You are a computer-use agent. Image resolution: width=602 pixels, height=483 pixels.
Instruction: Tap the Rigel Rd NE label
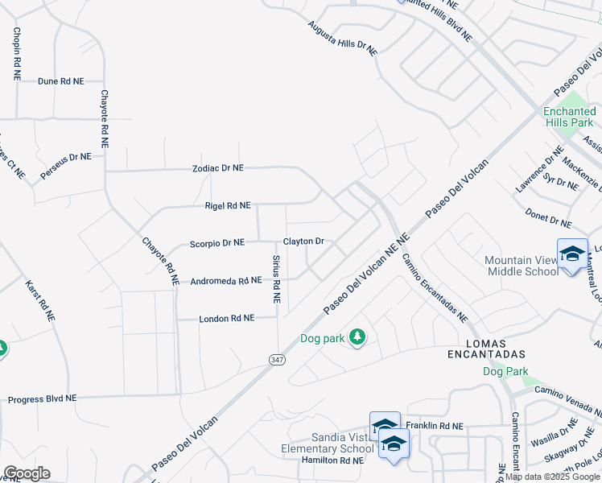(x=227, y=206)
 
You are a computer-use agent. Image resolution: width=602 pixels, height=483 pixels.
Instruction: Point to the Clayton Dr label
(x=303, y=242)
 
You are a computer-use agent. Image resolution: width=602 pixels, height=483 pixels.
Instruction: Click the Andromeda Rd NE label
(x=226, y=281)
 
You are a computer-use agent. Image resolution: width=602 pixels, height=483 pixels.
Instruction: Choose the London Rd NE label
(x=227, y=319)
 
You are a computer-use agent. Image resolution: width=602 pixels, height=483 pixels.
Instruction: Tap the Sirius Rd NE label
(x=276, y=279)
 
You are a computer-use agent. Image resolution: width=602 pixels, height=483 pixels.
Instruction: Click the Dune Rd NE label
(x=60, y=81)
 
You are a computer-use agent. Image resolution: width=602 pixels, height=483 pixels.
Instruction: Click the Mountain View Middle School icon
(x=572, y=254)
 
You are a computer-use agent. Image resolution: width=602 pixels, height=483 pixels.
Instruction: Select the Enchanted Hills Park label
(x=568, y=117)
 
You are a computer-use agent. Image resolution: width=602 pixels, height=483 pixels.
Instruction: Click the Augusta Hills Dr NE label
(x=342, y=38)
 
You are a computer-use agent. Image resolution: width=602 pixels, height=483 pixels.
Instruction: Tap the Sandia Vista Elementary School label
(x=327, y=442)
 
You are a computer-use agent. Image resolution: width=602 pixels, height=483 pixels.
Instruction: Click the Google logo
(x=27, y=473)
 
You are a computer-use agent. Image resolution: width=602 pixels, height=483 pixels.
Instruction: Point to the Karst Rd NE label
(x=39, y=301)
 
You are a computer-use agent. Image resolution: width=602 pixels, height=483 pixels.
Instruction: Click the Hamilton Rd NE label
(x=332, y=460)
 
